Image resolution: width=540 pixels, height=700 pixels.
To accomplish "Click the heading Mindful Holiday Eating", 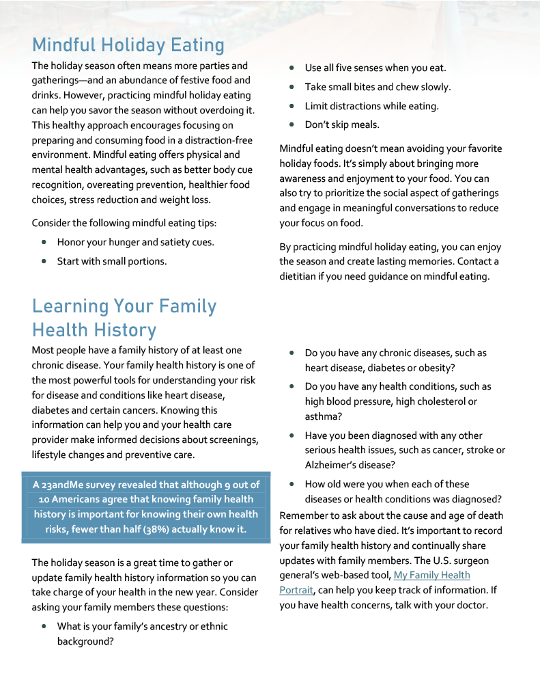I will point(128,45).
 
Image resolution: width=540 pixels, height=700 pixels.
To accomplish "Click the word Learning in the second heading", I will point(71,306).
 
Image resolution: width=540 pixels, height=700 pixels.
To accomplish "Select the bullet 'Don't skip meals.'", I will point(342,124).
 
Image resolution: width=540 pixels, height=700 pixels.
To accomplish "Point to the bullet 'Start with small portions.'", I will point(112,260).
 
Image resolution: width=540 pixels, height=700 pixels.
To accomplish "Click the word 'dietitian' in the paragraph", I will point(300,276).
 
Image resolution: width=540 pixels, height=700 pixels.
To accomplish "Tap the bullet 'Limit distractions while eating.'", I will point(371,106).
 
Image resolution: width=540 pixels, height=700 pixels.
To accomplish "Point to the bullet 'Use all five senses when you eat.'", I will point(375,68).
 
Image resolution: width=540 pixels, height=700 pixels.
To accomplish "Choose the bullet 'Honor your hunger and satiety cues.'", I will point(135,242).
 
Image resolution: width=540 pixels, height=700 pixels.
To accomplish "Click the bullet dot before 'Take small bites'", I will point(292,87).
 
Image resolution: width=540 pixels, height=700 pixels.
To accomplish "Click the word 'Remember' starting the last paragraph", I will point(304,515).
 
